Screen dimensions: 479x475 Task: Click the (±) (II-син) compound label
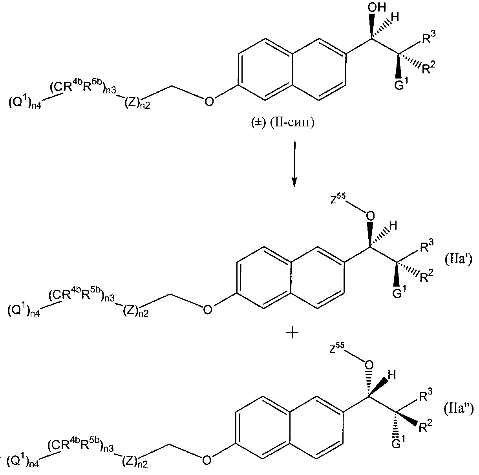coord(283,122)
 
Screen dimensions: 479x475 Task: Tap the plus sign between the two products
coord(293,333)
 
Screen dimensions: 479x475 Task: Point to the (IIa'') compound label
coord(459,409)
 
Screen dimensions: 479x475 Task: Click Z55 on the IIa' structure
coord(338,200)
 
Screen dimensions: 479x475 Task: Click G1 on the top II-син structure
coord(401,84)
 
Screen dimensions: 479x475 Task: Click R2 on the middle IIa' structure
coord(426,276)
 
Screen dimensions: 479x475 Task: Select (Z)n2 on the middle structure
coord(136,311)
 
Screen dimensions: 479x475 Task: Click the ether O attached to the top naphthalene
coord(209,101)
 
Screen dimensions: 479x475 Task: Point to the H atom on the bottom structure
coord(392,375)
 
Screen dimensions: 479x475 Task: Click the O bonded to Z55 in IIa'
coord(370,216)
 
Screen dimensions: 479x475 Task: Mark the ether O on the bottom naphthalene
coord(207,460)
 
